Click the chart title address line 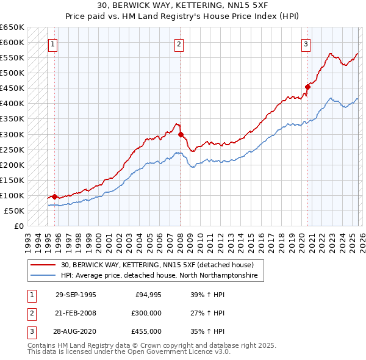pyautogui.click(x=182, y=5)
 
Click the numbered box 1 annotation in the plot pyautogui.click(x=53, y=43)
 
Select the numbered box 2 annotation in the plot pyautogui.click(x=179, y=43)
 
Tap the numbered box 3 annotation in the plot pyautogui.click(x=305, y=43)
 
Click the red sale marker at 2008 pyautogui.click(x=181, y=134)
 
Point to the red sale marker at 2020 pyautogui.click(x=307, y=87)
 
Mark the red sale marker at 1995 pyautogui.click(x=55, y=196)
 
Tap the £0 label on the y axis pyautogui.click(x=18, y=226)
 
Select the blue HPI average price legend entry pyautogui.click(x=159, y=276)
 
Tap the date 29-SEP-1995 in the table pyautogui.click(x=76, y=294)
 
